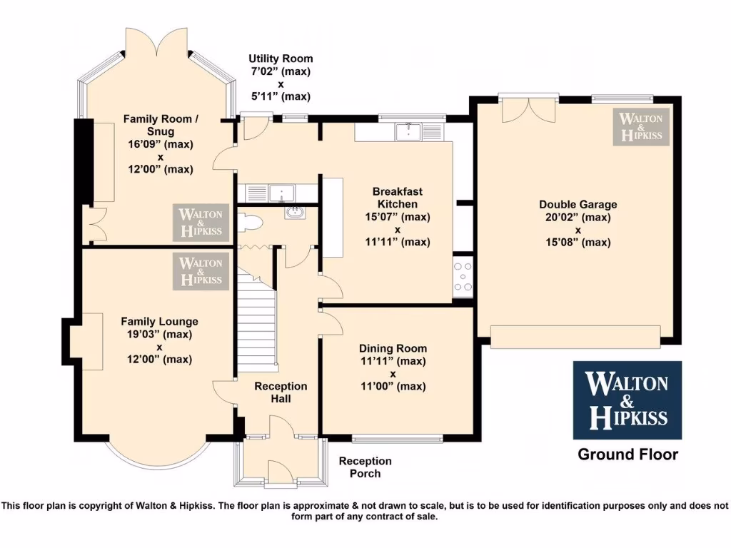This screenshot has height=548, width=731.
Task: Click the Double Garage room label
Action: pos(578,204)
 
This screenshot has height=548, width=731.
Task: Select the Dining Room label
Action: pos(392,349)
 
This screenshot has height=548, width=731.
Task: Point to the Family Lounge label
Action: pos(159,322)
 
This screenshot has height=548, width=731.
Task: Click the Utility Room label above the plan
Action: pos(281,59)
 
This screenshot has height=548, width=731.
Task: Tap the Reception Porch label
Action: pos(365,467)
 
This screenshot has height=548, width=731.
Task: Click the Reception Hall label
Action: pos(281,392)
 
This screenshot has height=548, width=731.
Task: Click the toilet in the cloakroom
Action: pos(250,223)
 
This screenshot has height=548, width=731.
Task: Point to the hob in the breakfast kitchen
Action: pos(463,277)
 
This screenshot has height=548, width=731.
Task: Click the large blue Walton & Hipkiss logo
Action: pos(627,400)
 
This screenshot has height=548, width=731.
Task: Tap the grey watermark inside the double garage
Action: pos(641,127)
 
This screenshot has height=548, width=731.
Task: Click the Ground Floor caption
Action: pos(627,455)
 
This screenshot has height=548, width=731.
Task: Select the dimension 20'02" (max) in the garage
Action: pos(578,217)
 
